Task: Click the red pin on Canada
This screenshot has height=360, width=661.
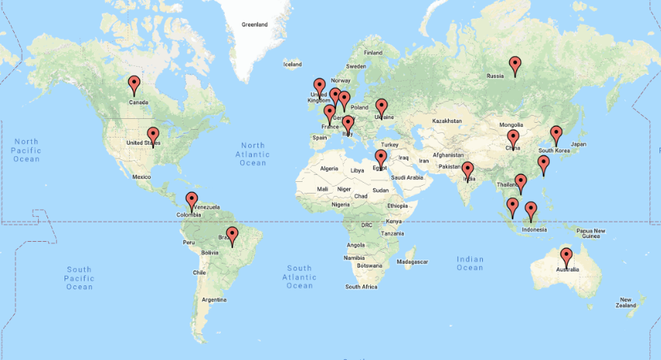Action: click(x=134, y=83)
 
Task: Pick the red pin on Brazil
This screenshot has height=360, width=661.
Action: click(x=232, y=234)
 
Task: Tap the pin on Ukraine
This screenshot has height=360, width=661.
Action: click(x=381, y=107)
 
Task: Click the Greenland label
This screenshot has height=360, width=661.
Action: click(x=254, y=25)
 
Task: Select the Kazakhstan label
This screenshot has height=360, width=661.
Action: click(x=447, y=121)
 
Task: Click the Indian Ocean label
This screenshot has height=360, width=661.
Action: click(x=470, y=264)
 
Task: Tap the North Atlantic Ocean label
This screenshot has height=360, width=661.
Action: click(x=253, y=154)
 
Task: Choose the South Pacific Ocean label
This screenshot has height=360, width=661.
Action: click(x=79, y=278)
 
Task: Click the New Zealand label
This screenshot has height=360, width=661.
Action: click(x=625, y=302)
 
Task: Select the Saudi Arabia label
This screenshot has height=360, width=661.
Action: click(x=407, y=177)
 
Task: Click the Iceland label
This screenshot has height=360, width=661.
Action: click(x=292, y=65)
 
